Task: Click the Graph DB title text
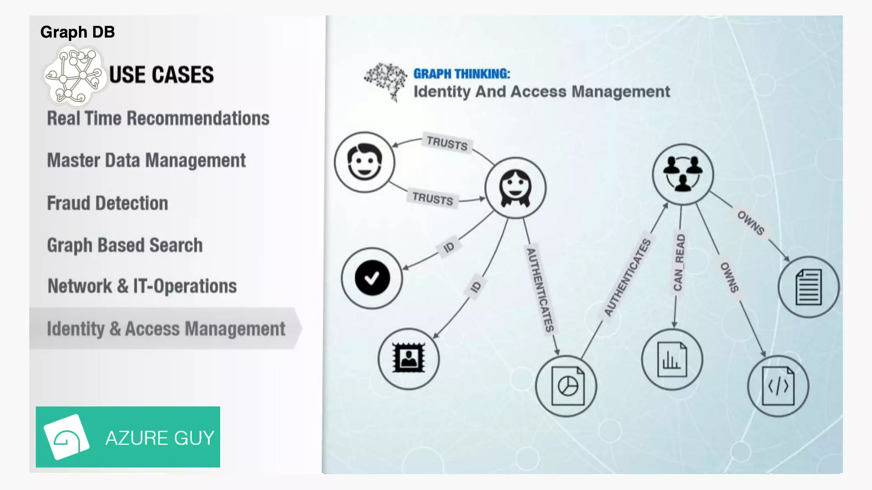point(77,32)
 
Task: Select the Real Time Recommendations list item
point(158,118)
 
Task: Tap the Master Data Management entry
point(146,160)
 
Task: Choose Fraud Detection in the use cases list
point(107,203)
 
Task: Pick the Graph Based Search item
point(125,245)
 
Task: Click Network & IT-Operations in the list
point(142,286)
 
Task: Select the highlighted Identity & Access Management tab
point(166,329)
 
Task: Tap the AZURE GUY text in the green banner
point(160,438)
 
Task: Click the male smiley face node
point(364,162)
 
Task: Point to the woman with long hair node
point(515,188)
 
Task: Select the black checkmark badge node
point(372,278)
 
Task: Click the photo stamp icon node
point(409,359)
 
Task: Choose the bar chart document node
point(672,360)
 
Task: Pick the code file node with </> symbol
point(778,386)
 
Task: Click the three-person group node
point(683,174)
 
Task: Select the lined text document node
point(809,287)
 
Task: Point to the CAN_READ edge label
point(679,262)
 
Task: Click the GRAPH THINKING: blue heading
point(462,74)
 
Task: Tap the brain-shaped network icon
point(386,81)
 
